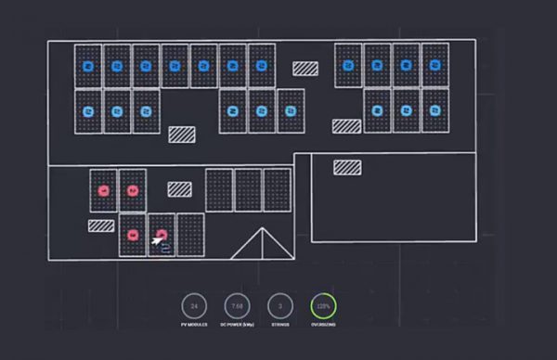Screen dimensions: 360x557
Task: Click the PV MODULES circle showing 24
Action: pos(194,305)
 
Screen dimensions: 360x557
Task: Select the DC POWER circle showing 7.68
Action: pos(237,305)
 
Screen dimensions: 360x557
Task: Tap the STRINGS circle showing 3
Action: pos(280,305)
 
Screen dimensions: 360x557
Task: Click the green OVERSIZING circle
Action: pos(323,305)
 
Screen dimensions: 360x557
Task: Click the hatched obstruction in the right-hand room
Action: pos(347,167)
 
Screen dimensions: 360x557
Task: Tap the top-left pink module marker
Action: pos(104,190)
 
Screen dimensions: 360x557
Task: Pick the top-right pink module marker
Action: pos(133,190)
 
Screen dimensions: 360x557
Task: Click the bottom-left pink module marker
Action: pos(133,235)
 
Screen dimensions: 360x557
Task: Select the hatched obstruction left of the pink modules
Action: pos(101,225)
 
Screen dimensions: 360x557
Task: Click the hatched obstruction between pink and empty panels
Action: pos(179,189)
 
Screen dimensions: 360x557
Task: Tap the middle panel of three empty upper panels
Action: pos(248,190)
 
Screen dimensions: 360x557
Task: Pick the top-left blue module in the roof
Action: pos(88,66)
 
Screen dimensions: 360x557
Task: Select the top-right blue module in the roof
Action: pos(434,65)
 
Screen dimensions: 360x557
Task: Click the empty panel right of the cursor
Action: pos(190,235)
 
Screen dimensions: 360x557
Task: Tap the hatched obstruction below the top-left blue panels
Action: pos(181,134)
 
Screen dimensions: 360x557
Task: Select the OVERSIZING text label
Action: pos(323,325)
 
